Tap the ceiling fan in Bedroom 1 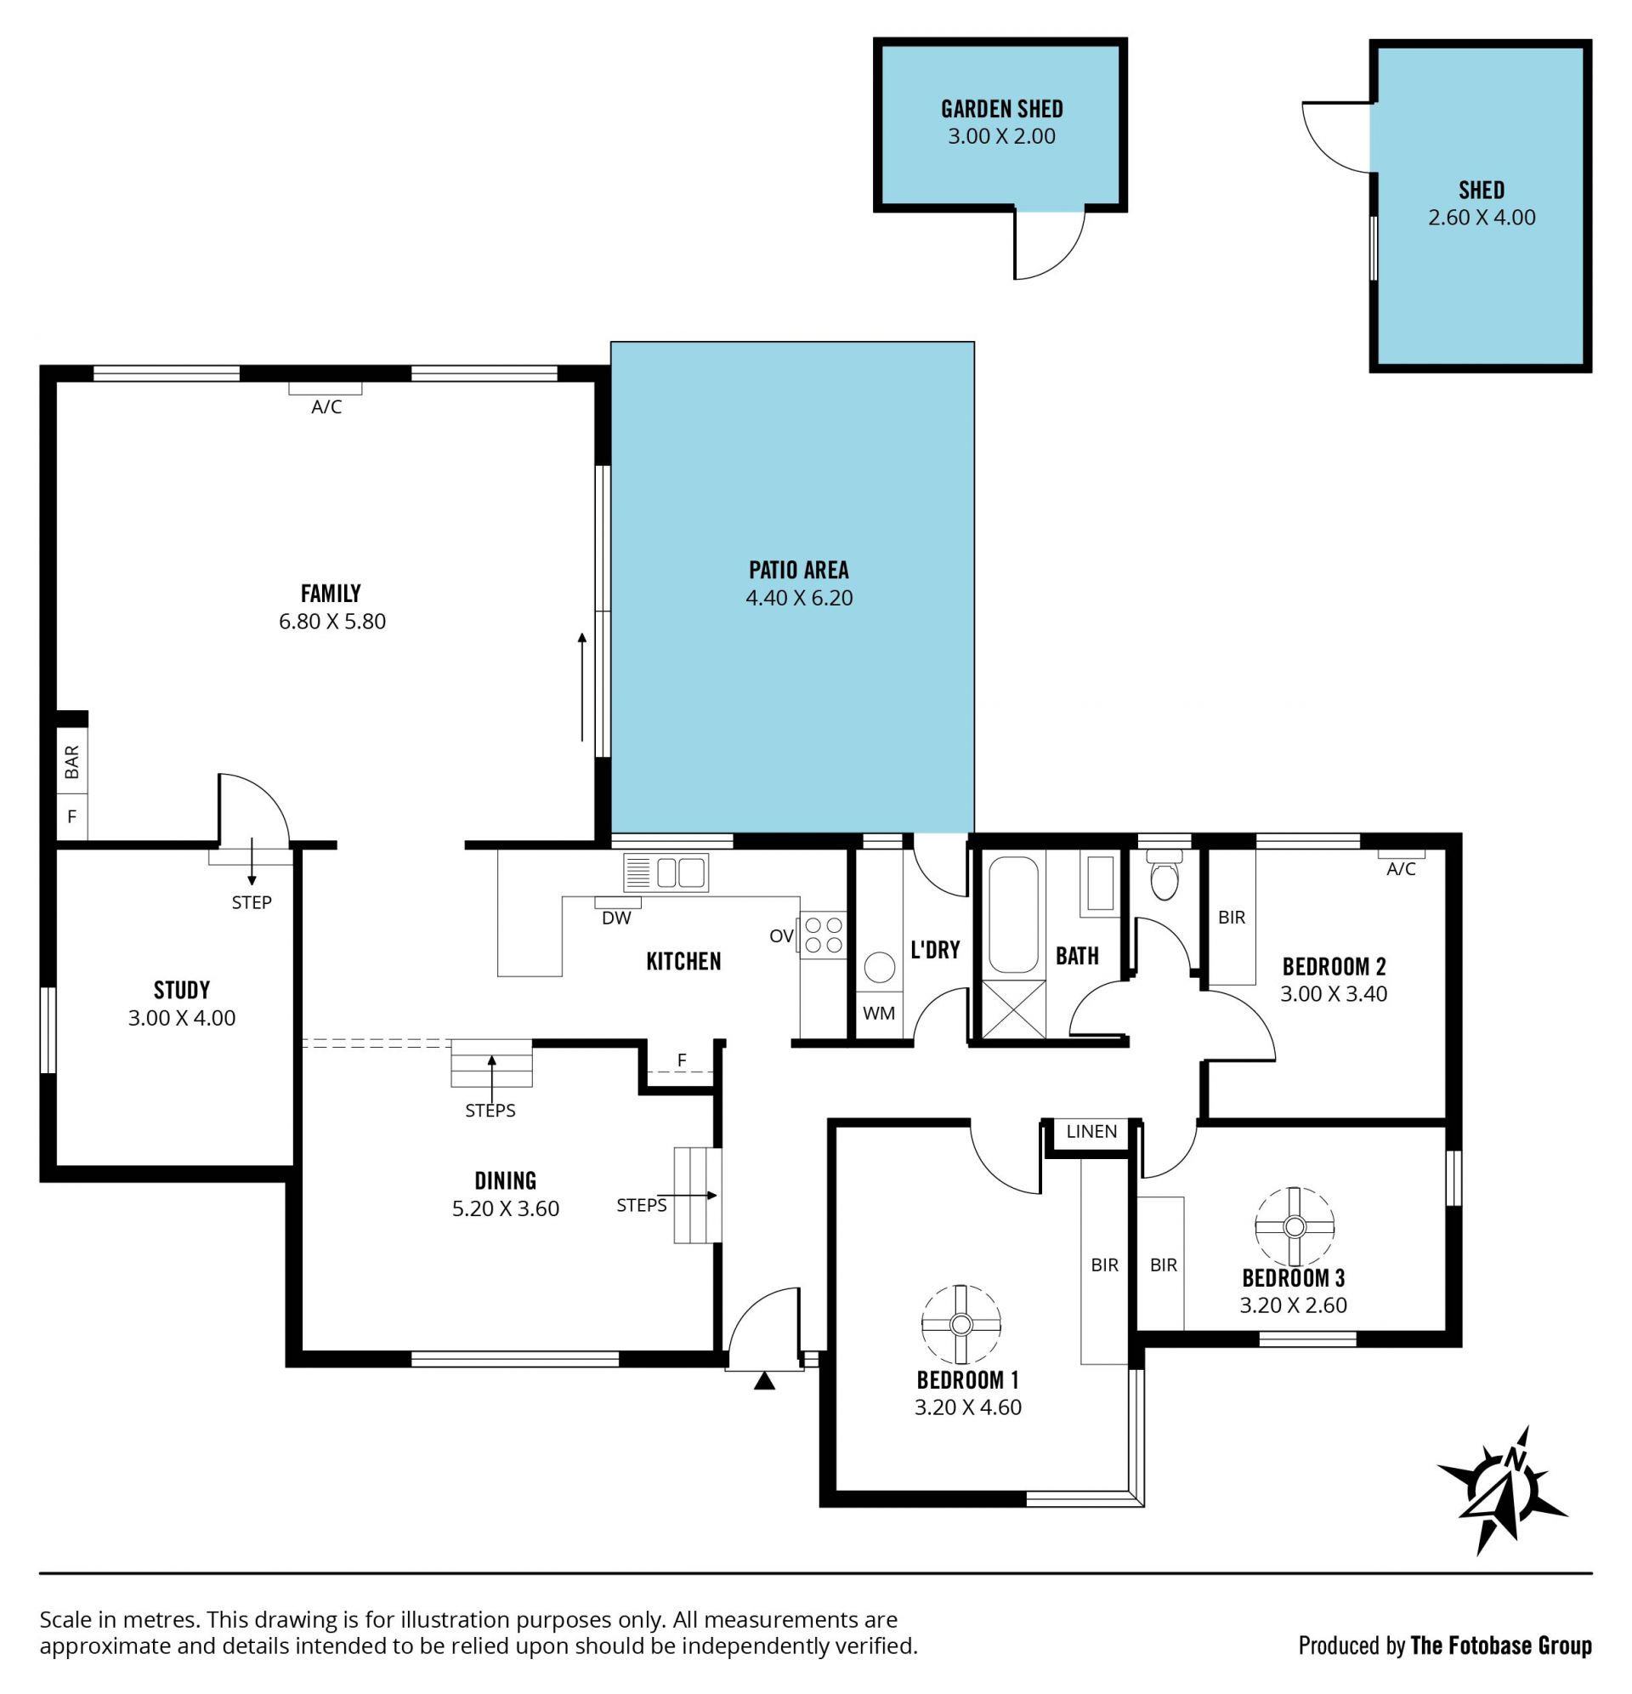pyautogui.click(x=960, y=1324)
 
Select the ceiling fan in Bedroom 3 pyautogui.click(x=1295, y=1226)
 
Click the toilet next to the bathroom pyautogui.click(x=1164, y=874)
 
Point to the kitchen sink pyautogui.click(x=666, y=872)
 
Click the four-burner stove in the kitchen pyautogui.click(x=824, y=935)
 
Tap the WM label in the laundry pyautogui.click(x=879, y=1013)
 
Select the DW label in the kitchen pyautogui.click(x=616, y=918)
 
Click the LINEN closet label pyautogui.click(x=1091, y=1131)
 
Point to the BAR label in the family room pyautogui.click(x=72, y=761)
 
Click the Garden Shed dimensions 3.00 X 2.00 pyautogui.click(x=1001, y=137)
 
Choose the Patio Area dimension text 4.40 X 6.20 pyautogui.click(x=799, y=598)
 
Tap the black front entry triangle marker pyautogui.click(x=765, y=1381)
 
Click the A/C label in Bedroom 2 pyautogui.click(x=1401, y=869)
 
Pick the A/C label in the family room pyautogui.click(x=326, y=407)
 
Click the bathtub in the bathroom pyautogui.click(x=1013, y=914)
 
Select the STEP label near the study pyautogui.click(x=252, y=902)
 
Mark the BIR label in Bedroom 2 pyautogui.click(x=1232, y=917)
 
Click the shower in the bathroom pyautogui.click(x=1013, y=1009)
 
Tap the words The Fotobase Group pyautogui.click(x=1501, y=1646)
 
